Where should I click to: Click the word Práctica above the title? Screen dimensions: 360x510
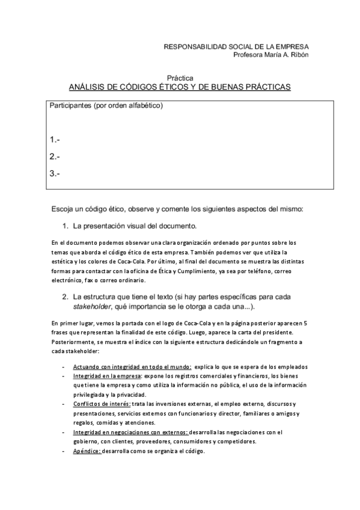[180, 78]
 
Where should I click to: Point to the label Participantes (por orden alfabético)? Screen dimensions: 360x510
[106, 106]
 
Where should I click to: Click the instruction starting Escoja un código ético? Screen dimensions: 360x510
[177, 209]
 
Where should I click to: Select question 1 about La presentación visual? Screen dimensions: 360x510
[126, 227]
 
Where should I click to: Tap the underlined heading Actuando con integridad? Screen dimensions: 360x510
[132, 367]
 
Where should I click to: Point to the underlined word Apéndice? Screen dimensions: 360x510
[87, 451]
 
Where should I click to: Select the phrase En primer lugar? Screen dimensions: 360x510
[67, 324]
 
